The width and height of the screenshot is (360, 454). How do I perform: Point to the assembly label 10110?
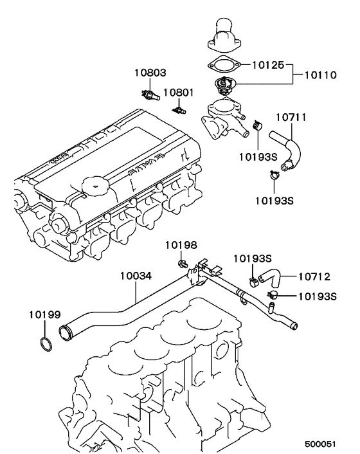coord(319,76)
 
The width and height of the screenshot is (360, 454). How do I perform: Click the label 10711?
coord(291,118)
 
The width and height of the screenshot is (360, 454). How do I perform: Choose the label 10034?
coord(136,276)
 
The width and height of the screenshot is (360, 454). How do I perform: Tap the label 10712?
coord(314,277)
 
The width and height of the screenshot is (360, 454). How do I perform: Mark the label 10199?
coord(44,314)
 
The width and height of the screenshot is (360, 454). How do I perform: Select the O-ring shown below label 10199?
coord(44,344)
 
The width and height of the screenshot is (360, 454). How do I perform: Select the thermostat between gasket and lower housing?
coord(223,84)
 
